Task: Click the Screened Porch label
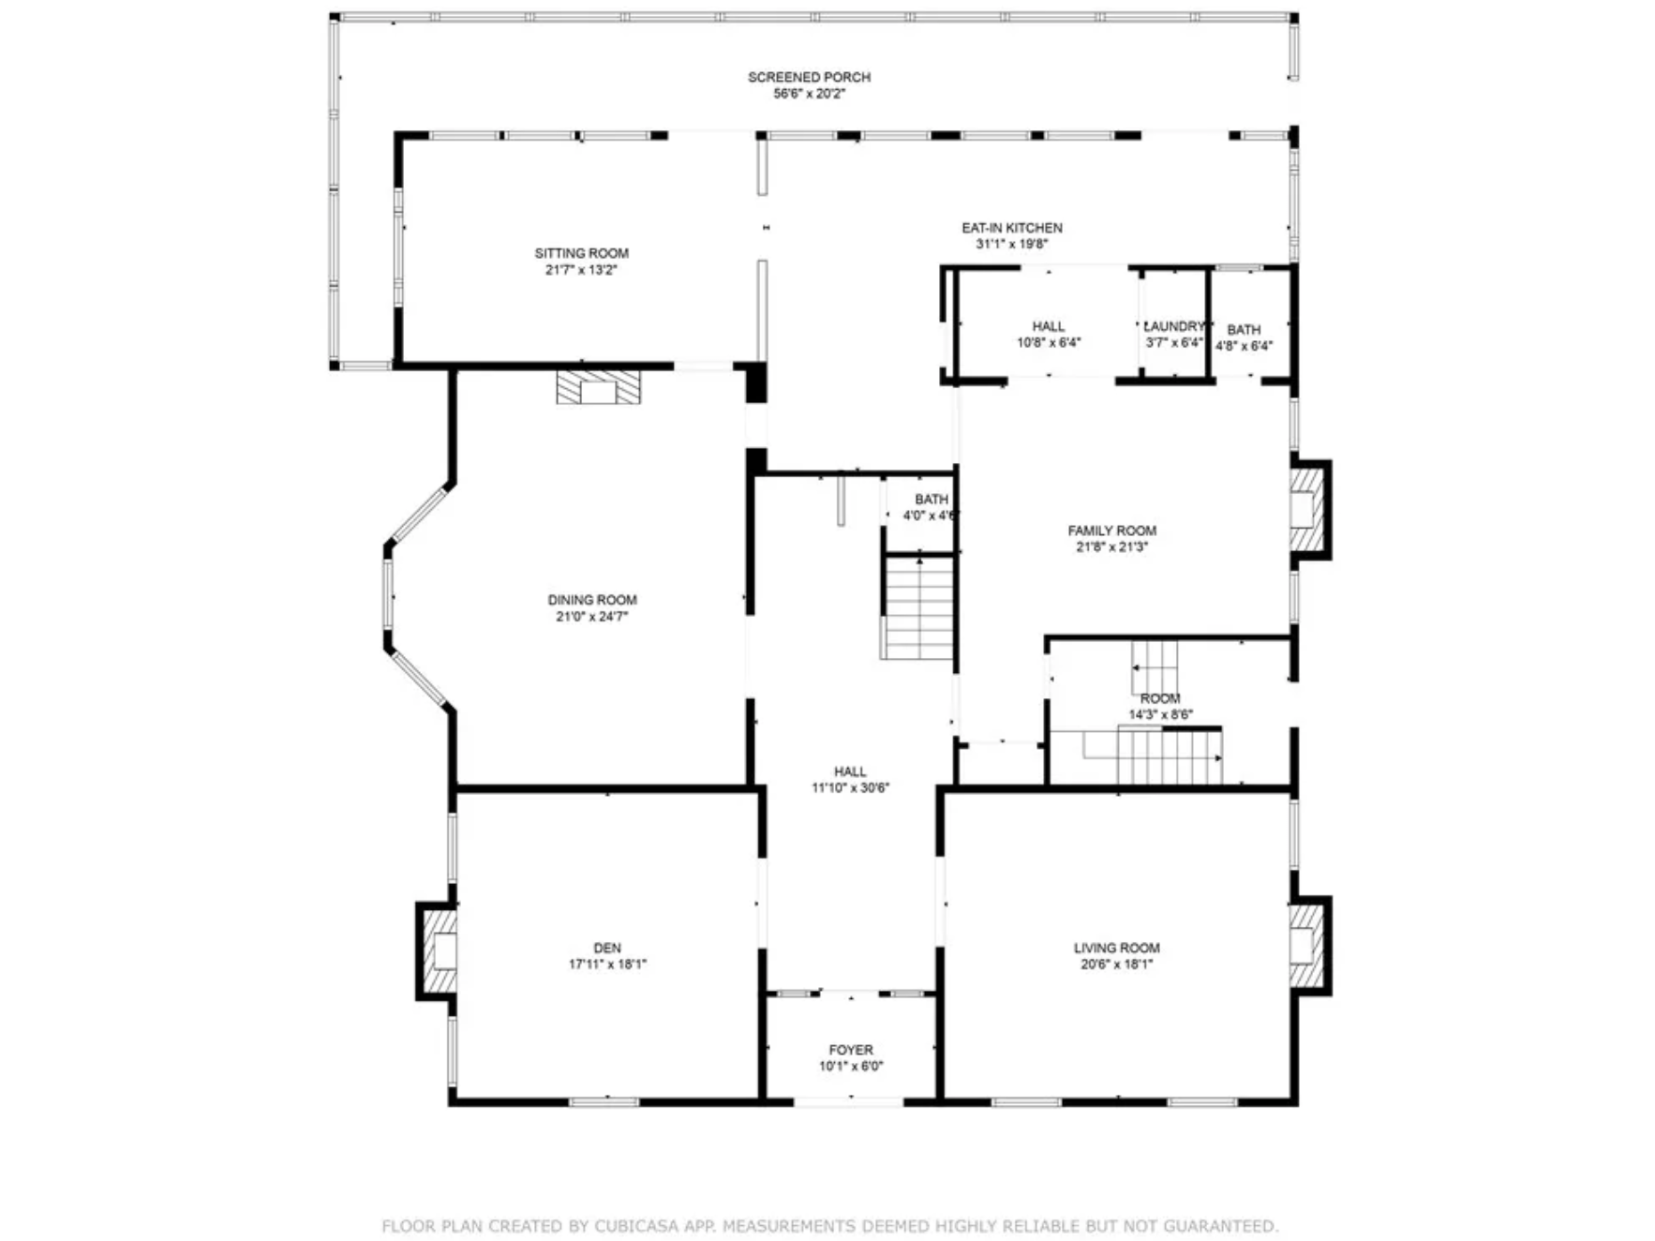(x=809, y=77)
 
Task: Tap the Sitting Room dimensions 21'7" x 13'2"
(x=581, y=270)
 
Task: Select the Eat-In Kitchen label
(x=1012, y=228)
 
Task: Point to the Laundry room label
(x=1174, y=326)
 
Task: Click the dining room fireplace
(x=599, y=387)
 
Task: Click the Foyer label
(x=851, y=1050)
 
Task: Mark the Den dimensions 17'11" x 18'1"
(x=607, y=964)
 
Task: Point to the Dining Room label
(x=592, y=600)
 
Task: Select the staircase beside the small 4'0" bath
(x=918, y=608)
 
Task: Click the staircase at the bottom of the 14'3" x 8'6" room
(x=1170, y=755)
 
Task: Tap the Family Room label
(x=1112, y=531)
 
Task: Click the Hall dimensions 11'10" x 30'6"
(x=850, y=788)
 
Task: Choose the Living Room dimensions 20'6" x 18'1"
(x=1116, y=964)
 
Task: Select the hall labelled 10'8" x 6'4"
(x=1049, y=324)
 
